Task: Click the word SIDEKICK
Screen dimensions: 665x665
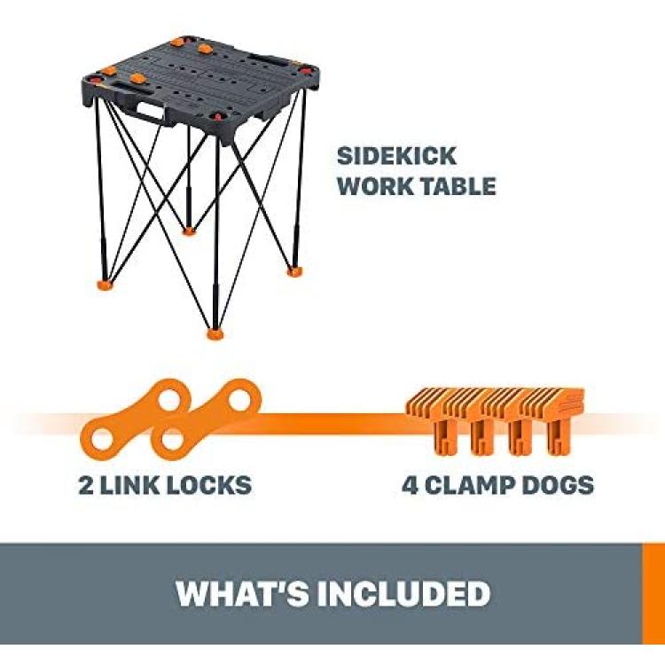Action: coord(396,156)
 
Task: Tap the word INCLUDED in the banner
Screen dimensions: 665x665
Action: coord(403,593)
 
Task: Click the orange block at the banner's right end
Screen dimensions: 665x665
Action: coord(653,593)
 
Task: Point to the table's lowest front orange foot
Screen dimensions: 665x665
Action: coord(216,333)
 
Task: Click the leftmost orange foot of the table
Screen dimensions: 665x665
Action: coord(106,284)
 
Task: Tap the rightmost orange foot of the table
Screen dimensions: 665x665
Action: coord(293,271)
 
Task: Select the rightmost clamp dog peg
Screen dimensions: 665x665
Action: coord(559,436)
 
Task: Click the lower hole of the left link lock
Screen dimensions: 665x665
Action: coord(102,440)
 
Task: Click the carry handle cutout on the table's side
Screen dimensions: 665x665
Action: coord(153,112)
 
